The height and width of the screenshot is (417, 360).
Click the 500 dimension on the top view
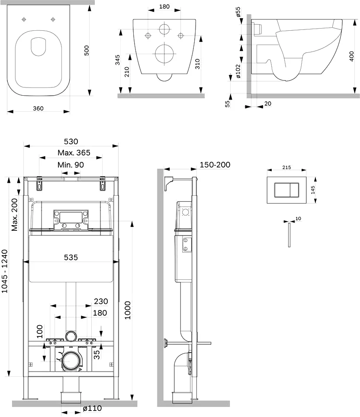tap(87, 51)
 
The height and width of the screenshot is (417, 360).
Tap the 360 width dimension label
tap(38, 108)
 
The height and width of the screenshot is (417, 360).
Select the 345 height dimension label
tap(117, 60)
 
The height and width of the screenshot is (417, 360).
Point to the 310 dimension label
tap(197, 64)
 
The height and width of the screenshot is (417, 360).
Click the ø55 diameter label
tap(238, 12)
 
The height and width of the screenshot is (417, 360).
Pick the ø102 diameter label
tap(238, 71)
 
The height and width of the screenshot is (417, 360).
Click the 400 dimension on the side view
tap(352, 56)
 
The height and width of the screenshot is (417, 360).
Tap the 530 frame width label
tap(71, 141)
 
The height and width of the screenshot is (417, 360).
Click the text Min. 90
tap(71, 165)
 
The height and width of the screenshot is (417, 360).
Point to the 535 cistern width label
tap(71, 258)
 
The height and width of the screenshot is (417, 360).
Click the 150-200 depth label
tap(215, 165)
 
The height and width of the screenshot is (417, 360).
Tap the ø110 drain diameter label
tap(92, 408)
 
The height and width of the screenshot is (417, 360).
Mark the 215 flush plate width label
tap(286, 167)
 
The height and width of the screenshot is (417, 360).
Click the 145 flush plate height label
tap(313, 190)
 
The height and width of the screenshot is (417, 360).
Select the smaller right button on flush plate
tap(294, 190)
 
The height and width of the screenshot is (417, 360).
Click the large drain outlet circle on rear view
tap(164, 54)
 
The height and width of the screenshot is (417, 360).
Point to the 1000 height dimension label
tap(128, 310)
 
